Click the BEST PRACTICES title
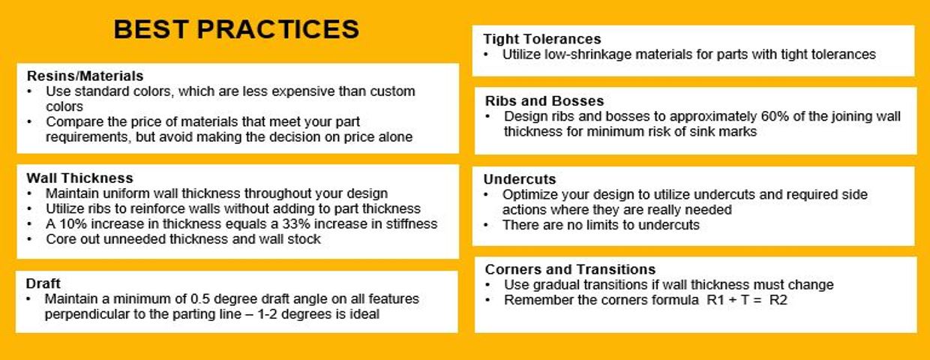tap(236, 29)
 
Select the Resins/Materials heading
tap(85, 76)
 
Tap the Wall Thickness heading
tap(79, 178)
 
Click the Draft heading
tap(43, 283)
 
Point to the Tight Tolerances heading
tap(542, 39)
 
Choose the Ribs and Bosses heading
tap(544, 101)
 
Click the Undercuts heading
tap(520, 179)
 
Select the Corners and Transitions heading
tap(571, 269)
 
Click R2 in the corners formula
tap(778, 300)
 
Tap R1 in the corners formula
tap(715, 300)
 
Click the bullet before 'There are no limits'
tap(487, 225)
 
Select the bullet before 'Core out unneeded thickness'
tap(29, 239)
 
